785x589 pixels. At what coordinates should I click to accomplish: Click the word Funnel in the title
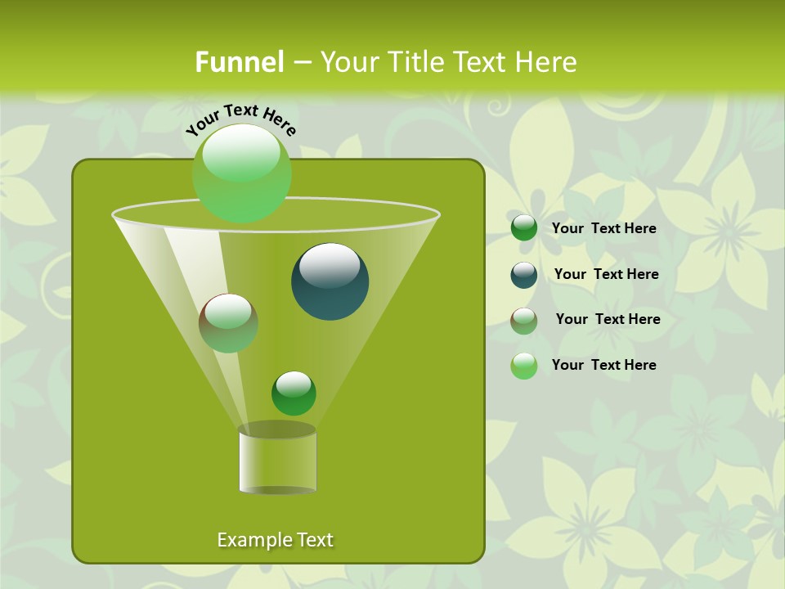[240, 62]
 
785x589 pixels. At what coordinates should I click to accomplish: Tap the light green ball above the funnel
[242, 173]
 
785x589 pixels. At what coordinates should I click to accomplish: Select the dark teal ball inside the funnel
[330, 281]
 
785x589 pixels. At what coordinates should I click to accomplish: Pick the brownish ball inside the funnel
[228, 323]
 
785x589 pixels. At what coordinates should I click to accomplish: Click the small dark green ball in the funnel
[294, 393]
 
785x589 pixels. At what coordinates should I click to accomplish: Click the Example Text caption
[276, 540]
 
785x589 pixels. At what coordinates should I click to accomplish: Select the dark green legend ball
[524, 228]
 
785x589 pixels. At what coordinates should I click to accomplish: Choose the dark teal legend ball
[524, 274]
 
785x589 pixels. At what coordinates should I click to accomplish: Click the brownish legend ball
[524, 320]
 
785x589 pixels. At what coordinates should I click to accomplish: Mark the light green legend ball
[524, 366]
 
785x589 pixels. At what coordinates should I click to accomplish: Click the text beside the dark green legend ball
[604, 229]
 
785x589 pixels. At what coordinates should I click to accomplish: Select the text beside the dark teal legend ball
[607, 275]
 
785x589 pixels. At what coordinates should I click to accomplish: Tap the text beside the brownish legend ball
[608, 320]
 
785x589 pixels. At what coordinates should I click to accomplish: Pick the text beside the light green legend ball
[604, 366]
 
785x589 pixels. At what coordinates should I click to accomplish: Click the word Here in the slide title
[547, 62]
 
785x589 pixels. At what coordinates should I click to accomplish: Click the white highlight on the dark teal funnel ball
[329, 266]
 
